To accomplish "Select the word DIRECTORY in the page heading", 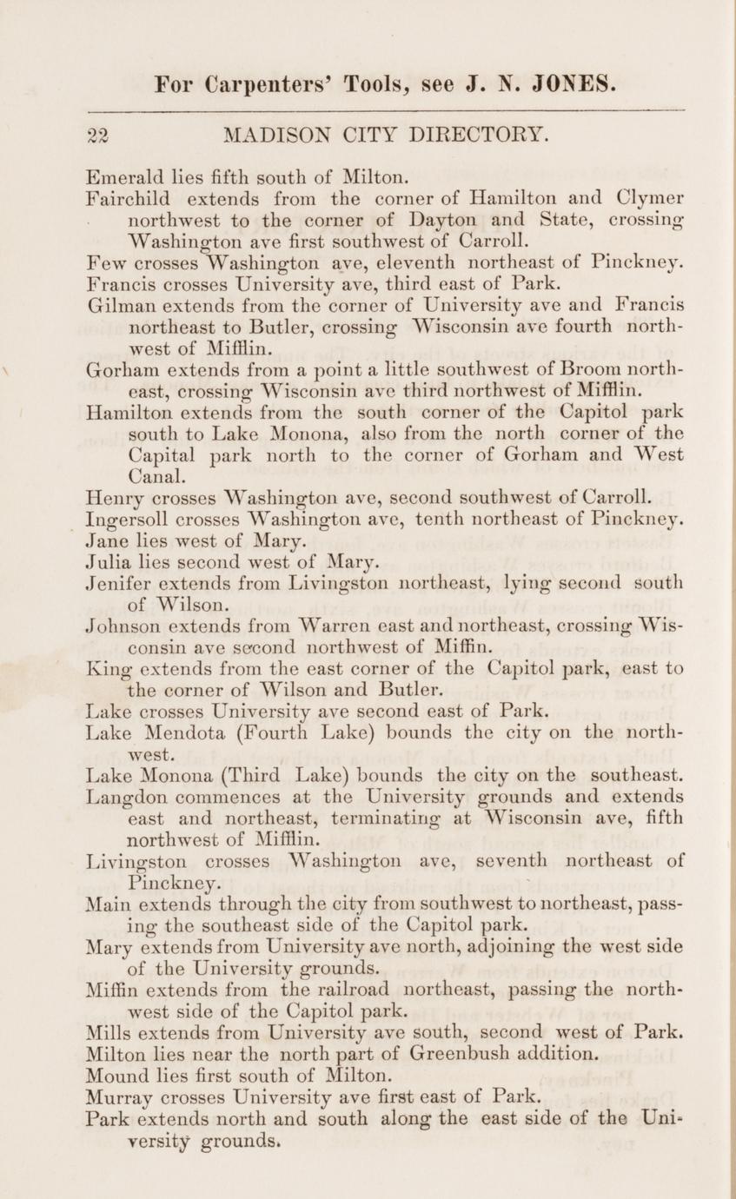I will (x=468, y=136).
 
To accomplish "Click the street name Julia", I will (x=110, y=560).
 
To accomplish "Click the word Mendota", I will (x=180, y=730).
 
